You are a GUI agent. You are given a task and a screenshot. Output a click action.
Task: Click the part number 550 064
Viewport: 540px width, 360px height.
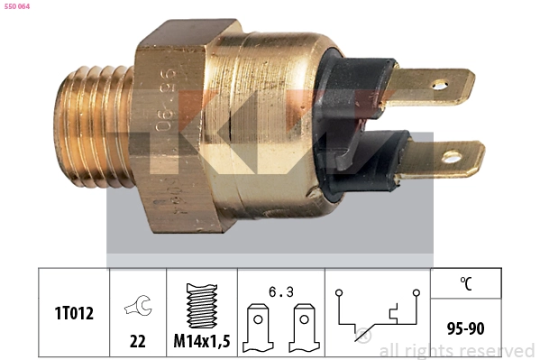17,7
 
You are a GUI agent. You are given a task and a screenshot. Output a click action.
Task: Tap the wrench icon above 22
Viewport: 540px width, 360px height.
138,306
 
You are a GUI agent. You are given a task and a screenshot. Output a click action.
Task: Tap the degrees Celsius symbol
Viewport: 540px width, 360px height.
466,282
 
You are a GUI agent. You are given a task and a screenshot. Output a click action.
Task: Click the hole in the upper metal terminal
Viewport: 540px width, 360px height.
439,87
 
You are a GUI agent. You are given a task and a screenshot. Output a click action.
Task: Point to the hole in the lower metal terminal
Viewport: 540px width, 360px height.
451,157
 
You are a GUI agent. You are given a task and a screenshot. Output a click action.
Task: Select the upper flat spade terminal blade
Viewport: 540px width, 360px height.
433,87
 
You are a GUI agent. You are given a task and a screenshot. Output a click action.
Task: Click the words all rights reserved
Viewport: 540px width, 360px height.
456,350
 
